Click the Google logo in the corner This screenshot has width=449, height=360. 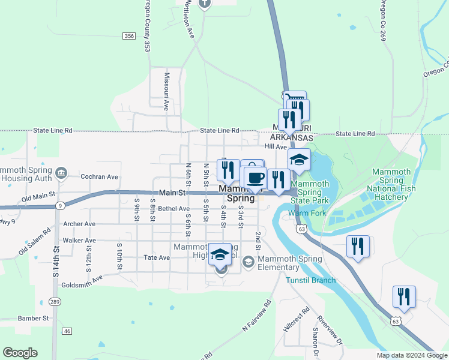click(x=20, y=353)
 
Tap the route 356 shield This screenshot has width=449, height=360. click(x=129, y=37)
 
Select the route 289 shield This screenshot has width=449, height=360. click(x=55, y=301)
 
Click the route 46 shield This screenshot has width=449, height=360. click(x=67, y=331)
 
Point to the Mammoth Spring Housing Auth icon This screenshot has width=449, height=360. click(x=61, y=173)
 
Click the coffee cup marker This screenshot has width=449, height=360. click(x=255, y=178)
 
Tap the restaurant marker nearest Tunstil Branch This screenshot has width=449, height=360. click(x=357, y=247)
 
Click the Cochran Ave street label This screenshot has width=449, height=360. click(x=100, y=177)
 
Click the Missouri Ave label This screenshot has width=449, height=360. click(x=166, y=92)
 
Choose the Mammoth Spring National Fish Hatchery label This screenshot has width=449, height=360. click(x=391, y=184)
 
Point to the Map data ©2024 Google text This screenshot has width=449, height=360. click(x=411, y=355)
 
